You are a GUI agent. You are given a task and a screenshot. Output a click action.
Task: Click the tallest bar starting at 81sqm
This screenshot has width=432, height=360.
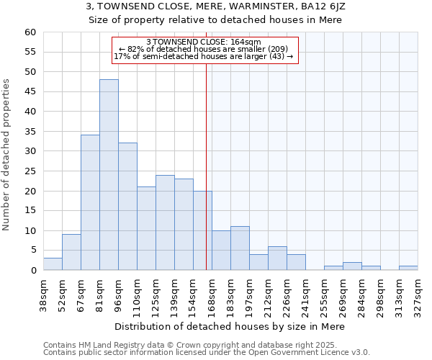coord(109,175)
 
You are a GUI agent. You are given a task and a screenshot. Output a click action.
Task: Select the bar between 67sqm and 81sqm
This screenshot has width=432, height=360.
coord(90,202)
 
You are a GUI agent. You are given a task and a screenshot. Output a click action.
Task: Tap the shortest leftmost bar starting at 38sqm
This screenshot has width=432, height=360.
coord(53,264)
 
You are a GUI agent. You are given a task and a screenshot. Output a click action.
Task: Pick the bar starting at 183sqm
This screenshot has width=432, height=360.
coord(240,248)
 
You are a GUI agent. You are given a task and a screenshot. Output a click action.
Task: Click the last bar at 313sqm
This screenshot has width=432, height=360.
coord(408,269)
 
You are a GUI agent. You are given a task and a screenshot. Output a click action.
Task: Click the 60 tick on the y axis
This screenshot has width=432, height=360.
coord(30,32)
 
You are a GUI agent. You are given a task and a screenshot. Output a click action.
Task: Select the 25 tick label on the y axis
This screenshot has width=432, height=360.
coord(30,171)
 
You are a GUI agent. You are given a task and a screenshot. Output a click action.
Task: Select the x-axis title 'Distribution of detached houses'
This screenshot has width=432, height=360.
coord(230,326)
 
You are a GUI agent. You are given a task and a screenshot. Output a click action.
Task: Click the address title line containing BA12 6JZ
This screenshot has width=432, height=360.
coord(215,6)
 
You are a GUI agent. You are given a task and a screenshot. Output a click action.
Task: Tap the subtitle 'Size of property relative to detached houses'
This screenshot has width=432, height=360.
coord(215,20)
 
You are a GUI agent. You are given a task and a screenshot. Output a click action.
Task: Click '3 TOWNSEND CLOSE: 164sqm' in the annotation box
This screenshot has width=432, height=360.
coord(204,42)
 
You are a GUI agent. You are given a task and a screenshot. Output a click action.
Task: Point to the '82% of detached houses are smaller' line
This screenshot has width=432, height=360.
coord(204,50)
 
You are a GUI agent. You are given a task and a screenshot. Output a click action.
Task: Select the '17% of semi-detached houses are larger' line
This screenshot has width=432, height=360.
coord(204,57)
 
